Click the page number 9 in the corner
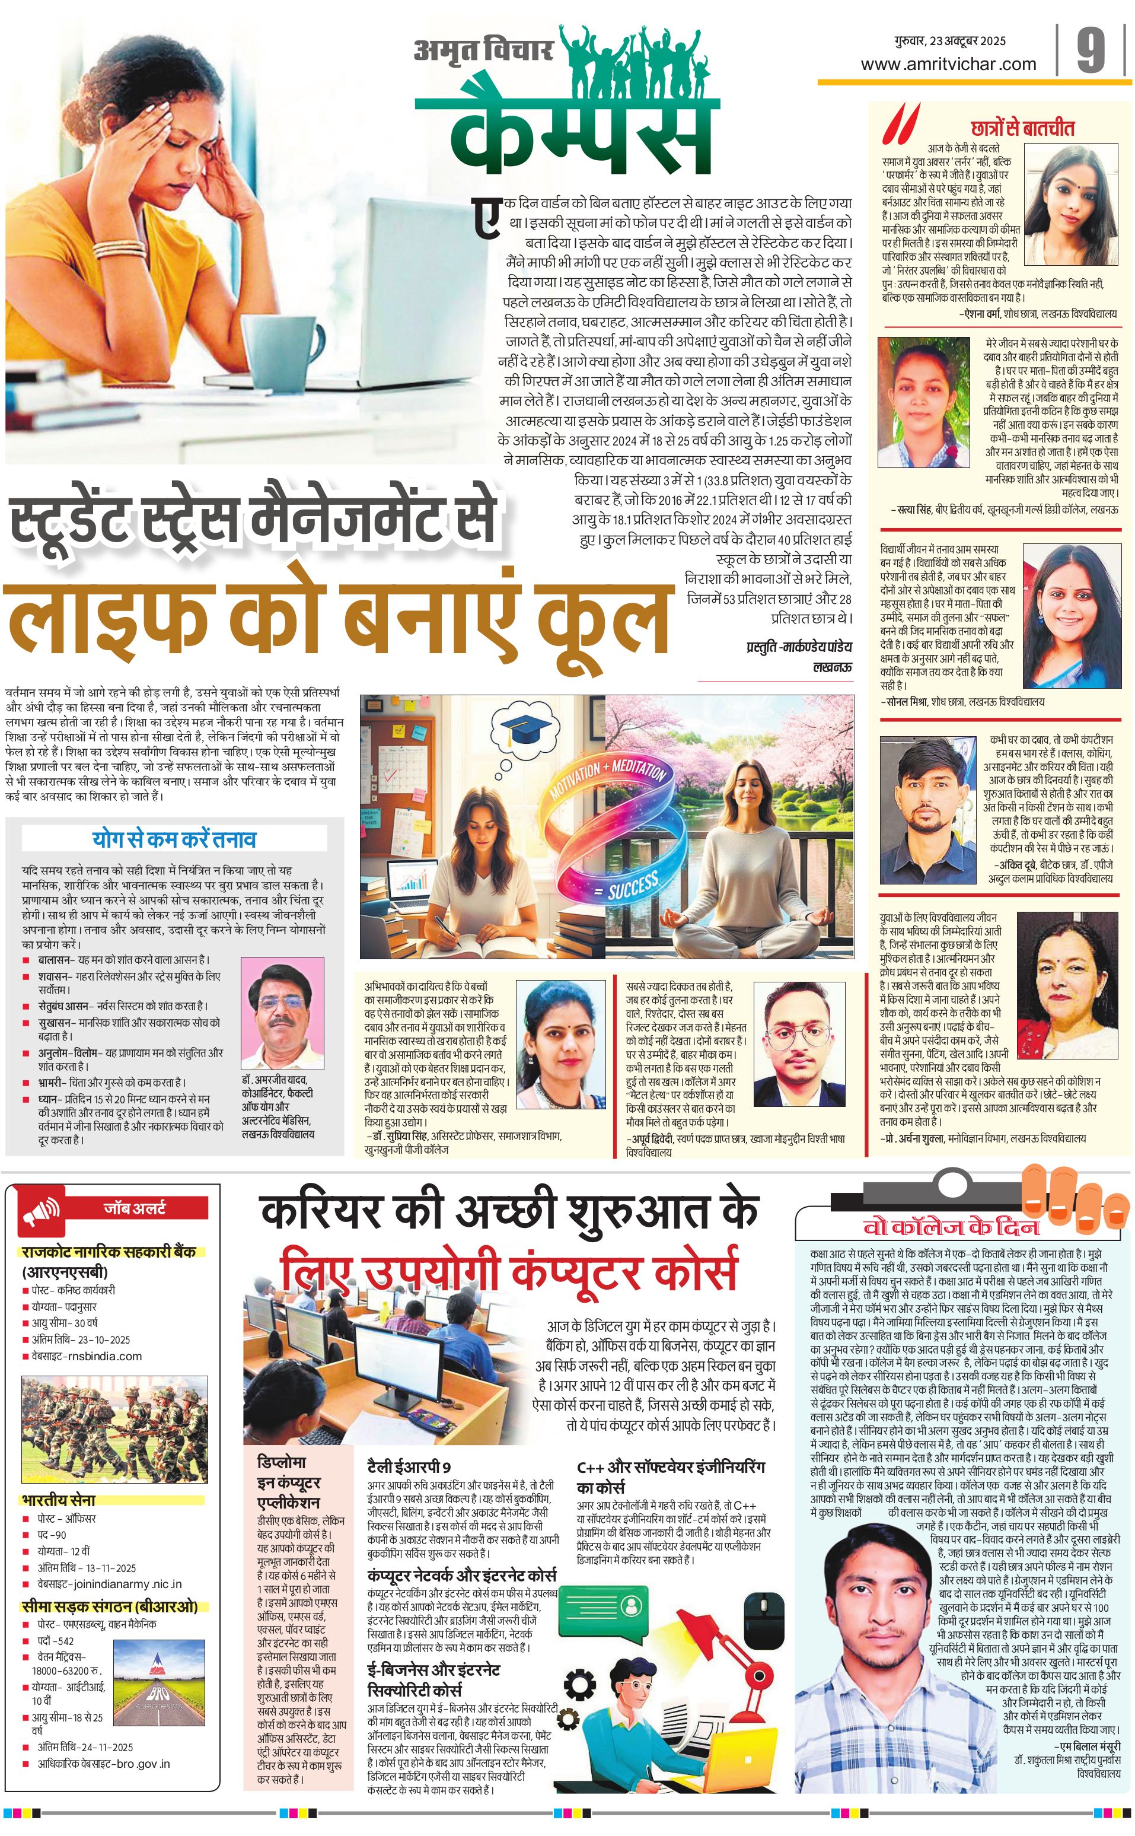[1090, 51]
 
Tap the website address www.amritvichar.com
[948, 65]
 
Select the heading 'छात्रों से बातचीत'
[1022, 128]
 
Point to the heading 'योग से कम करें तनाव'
[174, 839]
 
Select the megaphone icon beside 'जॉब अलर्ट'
[42, 1212]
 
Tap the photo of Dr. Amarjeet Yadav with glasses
[282, 1014]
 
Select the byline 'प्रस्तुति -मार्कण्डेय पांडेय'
[799, 647]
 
